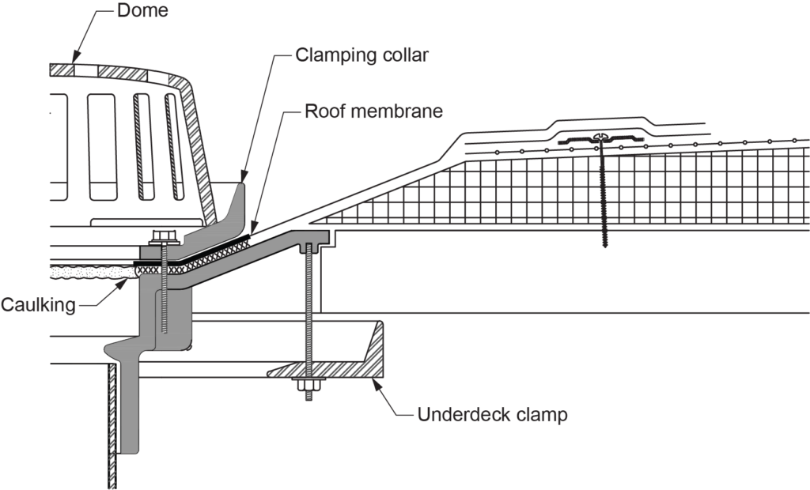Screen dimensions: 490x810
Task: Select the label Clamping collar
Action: (x=362, y=55)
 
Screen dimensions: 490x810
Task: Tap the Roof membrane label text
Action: (x=373, y=111)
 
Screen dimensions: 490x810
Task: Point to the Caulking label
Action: (x=38, y=304)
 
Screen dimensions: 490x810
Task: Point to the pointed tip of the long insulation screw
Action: (x=605, y=247)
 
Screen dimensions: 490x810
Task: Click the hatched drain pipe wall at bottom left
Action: (x=112, y=427)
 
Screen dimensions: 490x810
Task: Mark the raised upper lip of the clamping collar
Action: (x=240, y=194)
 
